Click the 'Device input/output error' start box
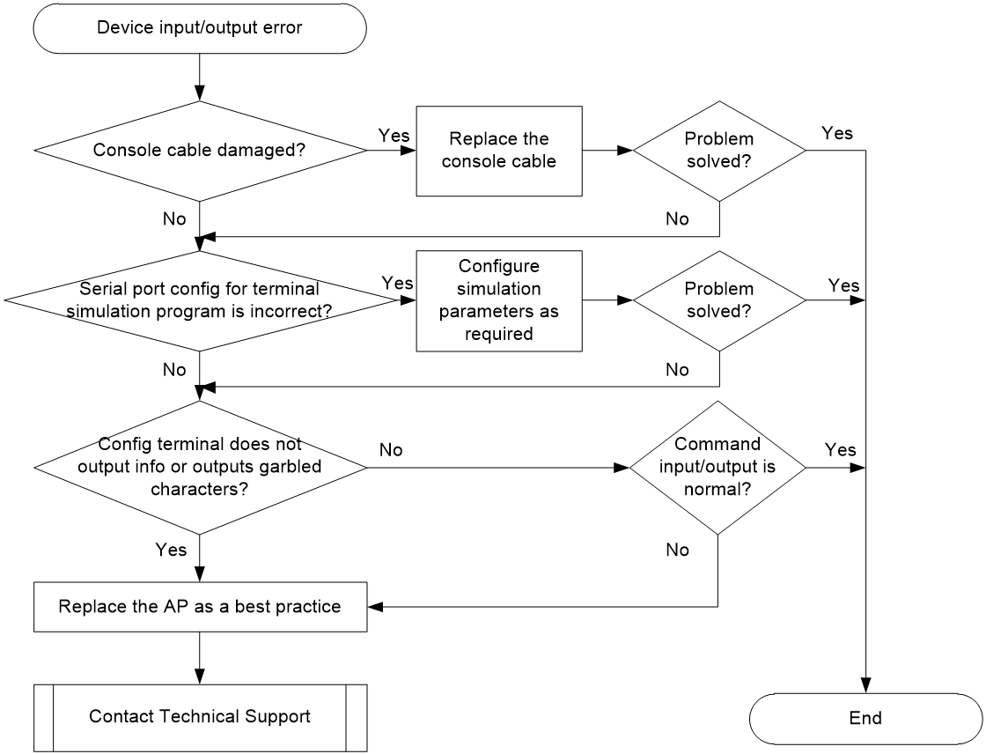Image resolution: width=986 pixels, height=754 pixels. tap(199, 28)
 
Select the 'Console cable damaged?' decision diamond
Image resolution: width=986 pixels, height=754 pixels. tap(200, 151)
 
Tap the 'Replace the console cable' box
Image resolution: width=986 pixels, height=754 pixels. tap(499, 151)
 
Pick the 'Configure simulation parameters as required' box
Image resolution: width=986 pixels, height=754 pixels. tap(499, 301)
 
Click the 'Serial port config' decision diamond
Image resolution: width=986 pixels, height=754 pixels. tap(200, 301)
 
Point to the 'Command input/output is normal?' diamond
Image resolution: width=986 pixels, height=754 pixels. tap(717, 468)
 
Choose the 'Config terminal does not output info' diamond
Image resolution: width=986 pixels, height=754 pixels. tap(200, 468)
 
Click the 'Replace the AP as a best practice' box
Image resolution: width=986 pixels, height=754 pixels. tap(200, 607)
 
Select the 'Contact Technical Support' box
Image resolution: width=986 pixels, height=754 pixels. tap(200, 718)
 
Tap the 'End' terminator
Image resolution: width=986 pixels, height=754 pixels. tap(866, 719)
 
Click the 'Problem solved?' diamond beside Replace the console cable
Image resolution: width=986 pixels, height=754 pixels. tap(718, 151)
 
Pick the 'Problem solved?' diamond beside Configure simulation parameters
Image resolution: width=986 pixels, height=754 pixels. tap(718, 301)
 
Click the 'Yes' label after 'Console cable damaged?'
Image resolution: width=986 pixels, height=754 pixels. tap(394, 136)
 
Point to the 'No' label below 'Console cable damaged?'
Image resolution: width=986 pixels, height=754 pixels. tap(174, 219)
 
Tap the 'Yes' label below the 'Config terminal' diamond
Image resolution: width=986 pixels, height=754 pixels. tap(171, 550)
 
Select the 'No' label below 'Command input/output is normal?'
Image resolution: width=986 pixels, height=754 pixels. tap(677, 550)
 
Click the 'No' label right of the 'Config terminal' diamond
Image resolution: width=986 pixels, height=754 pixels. tap(391, 450)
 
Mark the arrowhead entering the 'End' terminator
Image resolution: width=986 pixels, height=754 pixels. tap(866, 686)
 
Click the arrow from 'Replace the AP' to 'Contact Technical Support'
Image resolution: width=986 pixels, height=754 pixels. tap(200, 658)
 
